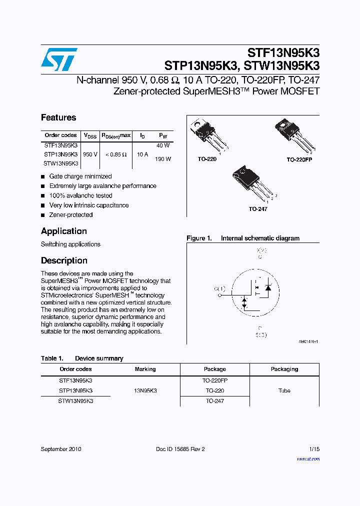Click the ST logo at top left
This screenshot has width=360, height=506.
[x=59, y=59]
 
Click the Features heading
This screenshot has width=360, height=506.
[x=58, y=117]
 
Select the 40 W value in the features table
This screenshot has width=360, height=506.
[x=163, y=145]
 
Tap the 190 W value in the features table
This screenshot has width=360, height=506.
[x=163, y=159]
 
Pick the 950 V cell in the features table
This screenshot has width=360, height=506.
[x=90, y=154]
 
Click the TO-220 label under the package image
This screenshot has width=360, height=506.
[x=207, y=159]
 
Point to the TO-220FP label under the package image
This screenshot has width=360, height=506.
[x=299, y=159]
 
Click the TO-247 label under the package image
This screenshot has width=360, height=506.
[x=258, y=209]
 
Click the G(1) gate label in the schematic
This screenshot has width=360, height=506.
[x=219, y=288]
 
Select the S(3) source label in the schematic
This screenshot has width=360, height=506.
[x=260, y=334]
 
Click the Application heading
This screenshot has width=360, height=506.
[x=64, y=231]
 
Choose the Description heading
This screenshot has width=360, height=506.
[x=64, y=260]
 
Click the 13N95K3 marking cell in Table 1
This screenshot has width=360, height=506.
[x=145, y=390]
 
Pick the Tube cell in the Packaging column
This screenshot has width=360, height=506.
[x=284, y=390]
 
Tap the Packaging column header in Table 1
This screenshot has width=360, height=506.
[x=284, y=369]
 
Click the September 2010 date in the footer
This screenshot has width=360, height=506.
[x=61, y=449]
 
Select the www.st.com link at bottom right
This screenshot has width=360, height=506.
[x=308, y=459]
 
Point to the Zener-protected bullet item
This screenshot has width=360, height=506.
[x=70, y=215]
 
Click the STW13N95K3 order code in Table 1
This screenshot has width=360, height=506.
[x=75, y=401]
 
